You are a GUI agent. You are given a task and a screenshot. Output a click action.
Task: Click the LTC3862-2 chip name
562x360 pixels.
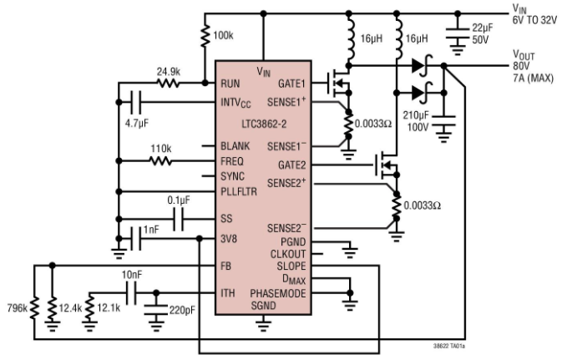click(264, 124)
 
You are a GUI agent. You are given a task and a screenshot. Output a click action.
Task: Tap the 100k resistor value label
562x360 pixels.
click(223, 35)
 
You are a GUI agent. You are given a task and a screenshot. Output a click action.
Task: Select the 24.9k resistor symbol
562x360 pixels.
click(168, 84)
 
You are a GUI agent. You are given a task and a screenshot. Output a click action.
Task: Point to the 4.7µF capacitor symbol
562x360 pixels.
click(136, 103)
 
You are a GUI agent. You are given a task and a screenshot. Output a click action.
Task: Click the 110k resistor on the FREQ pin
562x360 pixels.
click(160, 162)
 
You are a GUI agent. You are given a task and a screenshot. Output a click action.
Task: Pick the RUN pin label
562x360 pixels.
click(230, 84)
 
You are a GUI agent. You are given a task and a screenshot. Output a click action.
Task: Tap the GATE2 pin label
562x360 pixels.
click(291, 165)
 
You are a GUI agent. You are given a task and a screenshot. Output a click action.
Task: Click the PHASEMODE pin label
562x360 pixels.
click(278, 293)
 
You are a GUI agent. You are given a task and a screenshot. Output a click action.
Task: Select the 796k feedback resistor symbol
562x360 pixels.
click(34, 308)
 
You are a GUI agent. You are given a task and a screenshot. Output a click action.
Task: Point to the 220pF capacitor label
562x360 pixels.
click(182, 310)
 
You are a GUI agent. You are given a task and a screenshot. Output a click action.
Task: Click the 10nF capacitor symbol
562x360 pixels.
click(132, 293)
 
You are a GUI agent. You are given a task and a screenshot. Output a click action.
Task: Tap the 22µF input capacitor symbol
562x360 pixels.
click(458, 33)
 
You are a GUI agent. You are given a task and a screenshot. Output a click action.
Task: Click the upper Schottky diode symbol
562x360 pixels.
click(423, 66)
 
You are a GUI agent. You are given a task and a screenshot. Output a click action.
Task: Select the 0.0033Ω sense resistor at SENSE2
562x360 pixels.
click(396, 205)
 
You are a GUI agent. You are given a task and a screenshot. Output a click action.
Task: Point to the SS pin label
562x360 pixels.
click(226, 218)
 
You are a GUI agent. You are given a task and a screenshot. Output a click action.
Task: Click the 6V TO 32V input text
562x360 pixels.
click(534, 20)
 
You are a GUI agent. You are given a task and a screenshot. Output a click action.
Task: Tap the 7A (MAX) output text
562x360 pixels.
click(534, 78)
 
